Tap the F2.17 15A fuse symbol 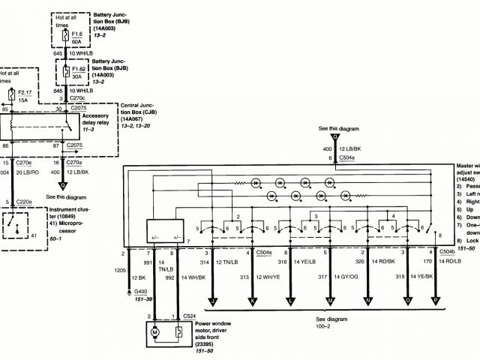click(x=10, y=94)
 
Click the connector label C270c click(x=79, y=98)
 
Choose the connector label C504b click(x=445, y=252)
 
